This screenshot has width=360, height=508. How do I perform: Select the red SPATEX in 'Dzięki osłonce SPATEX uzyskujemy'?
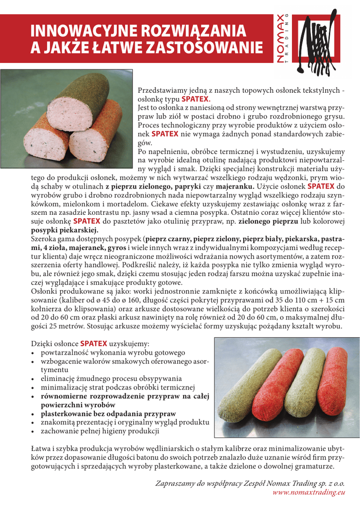pyautogui.click(x=93, y=343)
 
